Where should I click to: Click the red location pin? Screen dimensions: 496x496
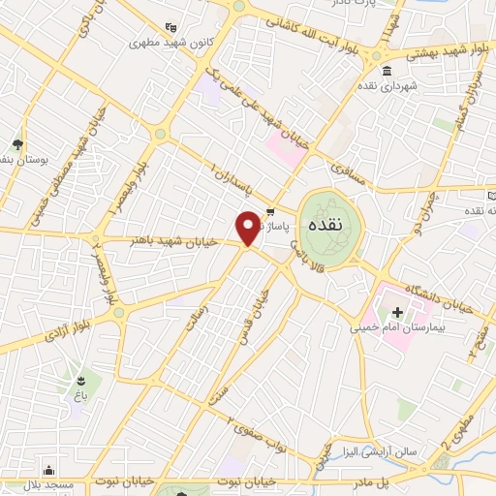[x=248, y=227]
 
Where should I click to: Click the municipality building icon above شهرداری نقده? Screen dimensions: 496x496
[x=387, y=70]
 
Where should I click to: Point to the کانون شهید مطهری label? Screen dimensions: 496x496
[x=170, y=43]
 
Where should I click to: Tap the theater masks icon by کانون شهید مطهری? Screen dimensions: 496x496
[x=171, y=27]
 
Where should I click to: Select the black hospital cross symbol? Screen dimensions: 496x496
[x=397, y=312]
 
